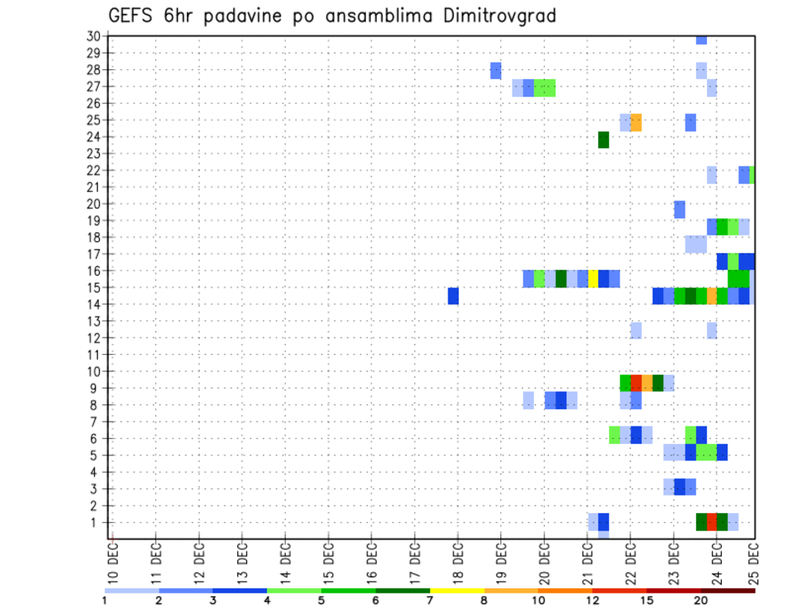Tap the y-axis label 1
(96, 522)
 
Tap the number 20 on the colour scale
(701, 600)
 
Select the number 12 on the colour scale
(593, 600)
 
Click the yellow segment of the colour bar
(457, 590)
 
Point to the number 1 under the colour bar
(105, 600)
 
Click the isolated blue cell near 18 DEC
(453, 296)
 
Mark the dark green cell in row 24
(603, 140)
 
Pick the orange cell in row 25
(635, 123)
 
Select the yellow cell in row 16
(592, 278)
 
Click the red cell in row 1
(711, 522)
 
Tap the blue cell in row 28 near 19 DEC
(495, 71)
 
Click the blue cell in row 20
(679, 209)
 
